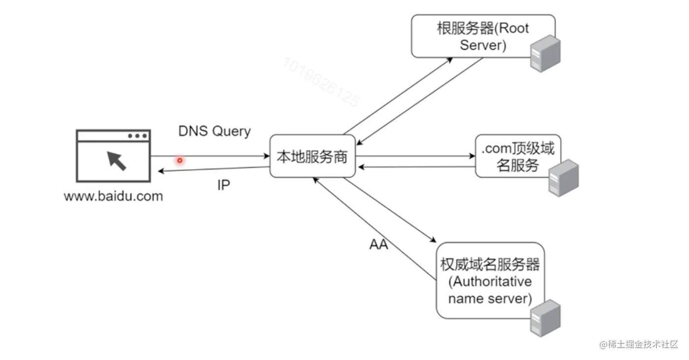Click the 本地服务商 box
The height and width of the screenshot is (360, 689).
pos(312,157)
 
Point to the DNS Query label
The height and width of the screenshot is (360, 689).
pos(214,131)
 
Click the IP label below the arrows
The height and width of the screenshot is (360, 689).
pos(224,185)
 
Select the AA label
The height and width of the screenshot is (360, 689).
pos(379,244)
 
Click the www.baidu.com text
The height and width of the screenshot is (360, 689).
pos(113,196)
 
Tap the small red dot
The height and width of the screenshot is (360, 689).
pos(180,160)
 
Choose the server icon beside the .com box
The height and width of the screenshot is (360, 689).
pos(563,178)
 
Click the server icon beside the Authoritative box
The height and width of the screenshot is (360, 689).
pos(545,318)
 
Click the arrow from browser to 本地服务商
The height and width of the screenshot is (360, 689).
pos(222,156)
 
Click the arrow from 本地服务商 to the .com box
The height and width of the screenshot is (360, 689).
pos(414,157)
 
